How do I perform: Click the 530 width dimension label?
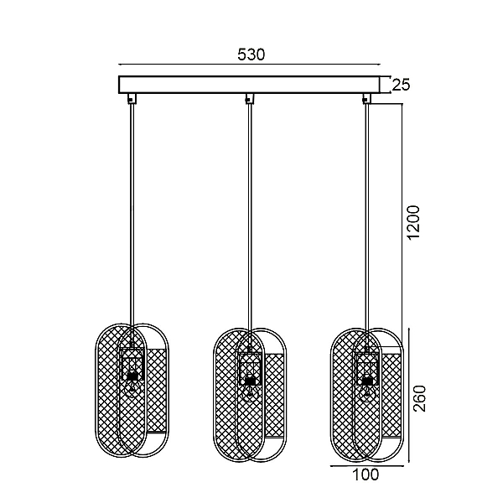[251, 54]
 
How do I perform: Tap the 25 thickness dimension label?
[401, 85]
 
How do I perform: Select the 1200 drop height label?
[412, 222]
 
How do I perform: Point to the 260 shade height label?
[419, 398]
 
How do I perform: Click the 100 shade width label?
[366, 474]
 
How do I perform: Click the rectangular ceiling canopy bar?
[249, 85]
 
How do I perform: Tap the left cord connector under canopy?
[132, 98]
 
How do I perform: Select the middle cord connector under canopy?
[250, 98]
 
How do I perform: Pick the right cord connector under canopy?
[366, 98]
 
